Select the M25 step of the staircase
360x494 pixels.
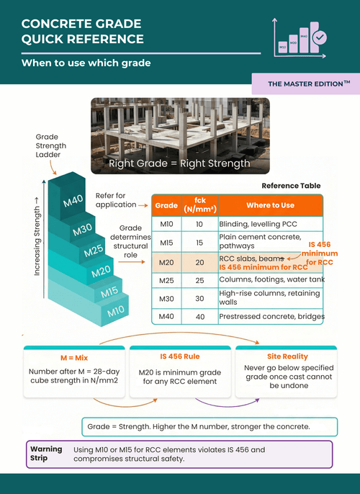click(93, 251)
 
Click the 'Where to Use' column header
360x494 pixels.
click(270, 205)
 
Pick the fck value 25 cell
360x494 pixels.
click(199, 280)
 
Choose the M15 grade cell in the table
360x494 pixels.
click(166, 243)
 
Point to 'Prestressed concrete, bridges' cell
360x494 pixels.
click(271, 316)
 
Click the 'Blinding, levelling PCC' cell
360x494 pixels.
click(258, 224)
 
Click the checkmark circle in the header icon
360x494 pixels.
click(320, 37)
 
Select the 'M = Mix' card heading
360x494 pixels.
click(74, 358)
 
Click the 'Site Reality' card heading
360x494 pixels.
click(287, 356)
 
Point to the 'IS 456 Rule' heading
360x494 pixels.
click(180, 356)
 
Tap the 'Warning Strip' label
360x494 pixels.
click(46, 454)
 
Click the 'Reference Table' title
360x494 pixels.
click(291, 186)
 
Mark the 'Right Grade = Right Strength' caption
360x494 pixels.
click(179, 163)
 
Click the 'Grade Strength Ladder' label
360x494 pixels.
click(50, 145)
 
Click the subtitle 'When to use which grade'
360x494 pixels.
click(86, 63)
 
